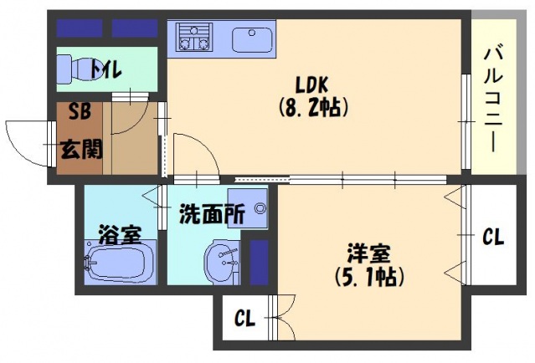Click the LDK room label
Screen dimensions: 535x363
[x=311, y=85]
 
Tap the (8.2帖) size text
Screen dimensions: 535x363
[x=313, y=107]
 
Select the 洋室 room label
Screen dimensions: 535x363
[x=369, y=253]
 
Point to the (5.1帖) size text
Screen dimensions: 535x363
[x=369, y=276]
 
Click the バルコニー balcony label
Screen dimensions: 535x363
[x=493, y=100]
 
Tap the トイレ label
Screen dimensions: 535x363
[x=105, y=69]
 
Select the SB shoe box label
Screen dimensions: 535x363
[x=80, y=111]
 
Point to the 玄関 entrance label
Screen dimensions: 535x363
[x=81, y=150]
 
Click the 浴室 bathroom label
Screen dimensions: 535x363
[x=120, y=234]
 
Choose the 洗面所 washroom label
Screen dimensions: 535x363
[x=212, y=214]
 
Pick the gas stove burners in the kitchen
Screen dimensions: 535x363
[x=193, y=37]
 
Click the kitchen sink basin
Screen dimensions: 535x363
[x=252, y=39]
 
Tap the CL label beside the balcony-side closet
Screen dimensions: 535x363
[x=493, y=237]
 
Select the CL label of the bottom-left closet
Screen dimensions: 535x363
[x=244, y=319]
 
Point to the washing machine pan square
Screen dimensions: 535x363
[x=248, y=208]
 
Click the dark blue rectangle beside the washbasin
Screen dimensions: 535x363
[x=259, y=262]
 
